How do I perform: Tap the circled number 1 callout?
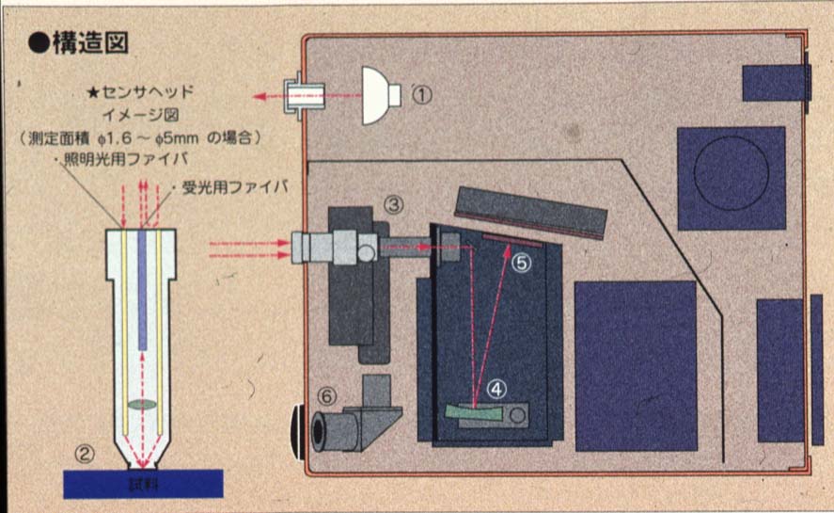[423, 94]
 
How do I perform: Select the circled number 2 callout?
[85, 455]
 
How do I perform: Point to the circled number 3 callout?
[394, 203]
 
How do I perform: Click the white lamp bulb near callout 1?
[380, 94]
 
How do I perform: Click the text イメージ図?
[153, 116]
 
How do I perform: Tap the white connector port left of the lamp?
[307, 94]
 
